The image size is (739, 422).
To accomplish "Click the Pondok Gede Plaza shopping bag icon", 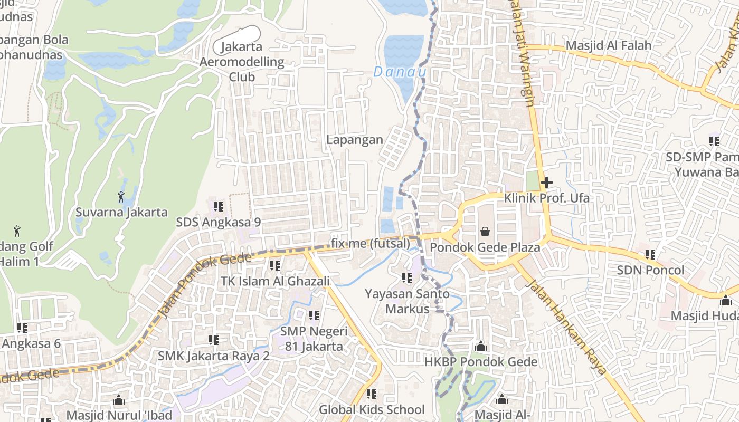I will (485, 231).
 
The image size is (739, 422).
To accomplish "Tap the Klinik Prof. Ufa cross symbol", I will (546, 183).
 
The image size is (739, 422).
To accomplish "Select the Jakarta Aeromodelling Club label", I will (242, 62).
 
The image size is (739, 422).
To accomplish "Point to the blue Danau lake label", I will (400, 72).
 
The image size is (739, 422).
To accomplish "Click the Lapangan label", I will (354, 140).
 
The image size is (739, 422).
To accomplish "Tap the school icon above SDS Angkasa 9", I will (219, 206).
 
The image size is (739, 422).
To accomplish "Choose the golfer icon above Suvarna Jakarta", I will (121, 197).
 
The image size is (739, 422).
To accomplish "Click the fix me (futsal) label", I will (371, 244).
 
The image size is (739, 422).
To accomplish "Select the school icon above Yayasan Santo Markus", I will (406, 277).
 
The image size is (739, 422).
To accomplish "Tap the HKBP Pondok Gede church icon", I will (480, 347).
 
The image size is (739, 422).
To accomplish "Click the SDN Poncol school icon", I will (650, 255).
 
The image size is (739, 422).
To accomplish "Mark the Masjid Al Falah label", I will (608, 45).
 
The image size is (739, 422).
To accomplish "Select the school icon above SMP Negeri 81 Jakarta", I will (314, 315).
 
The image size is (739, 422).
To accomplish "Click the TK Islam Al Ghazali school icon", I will (274, 266).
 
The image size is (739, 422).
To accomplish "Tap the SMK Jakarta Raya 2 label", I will (214, 356).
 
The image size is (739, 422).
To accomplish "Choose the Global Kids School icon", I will (372, 394).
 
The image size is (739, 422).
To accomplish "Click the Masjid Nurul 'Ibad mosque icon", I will (119, 400).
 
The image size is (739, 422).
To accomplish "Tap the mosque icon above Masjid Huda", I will (726, 300).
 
